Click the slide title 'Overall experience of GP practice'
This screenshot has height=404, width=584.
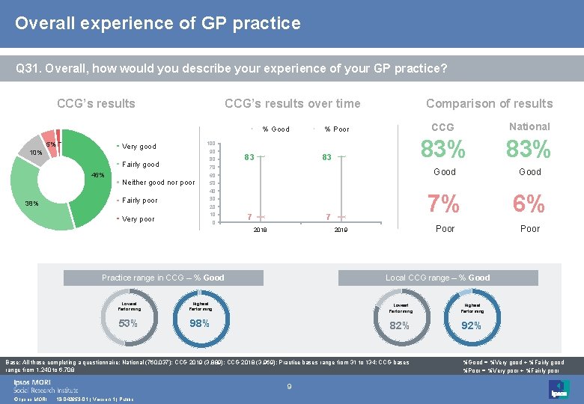pos(157,23)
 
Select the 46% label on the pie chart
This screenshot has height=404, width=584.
pos(97,175)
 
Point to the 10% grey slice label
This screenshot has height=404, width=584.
pos(35,153)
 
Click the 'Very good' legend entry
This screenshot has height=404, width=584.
pos(139,147)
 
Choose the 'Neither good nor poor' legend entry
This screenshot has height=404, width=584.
pos(158,183)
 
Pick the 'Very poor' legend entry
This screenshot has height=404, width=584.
pos(138,219)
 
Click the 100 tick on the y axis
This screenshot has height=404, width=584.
pos(212,144)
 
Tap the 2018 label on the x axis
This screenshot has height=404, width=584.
pos(260,230)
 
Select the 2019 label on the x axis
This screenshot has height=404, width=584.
pos(341,230)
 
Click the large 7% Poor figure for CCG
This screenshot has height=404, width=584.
pos(445,203)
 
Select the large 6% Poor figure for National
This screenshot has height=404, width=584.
pos(529,203)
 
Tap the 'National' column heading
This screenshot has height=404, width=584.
pos(529,126)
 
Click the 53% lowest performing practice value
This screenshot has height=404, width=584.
pos(128,323)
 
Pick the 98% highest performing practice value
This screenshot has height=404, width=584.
pos(199,323)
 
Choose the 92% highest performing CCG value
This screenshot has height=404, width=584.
pos(470,325)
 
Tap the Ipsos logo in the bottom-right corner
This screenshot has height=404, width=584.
pos(559,388)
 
